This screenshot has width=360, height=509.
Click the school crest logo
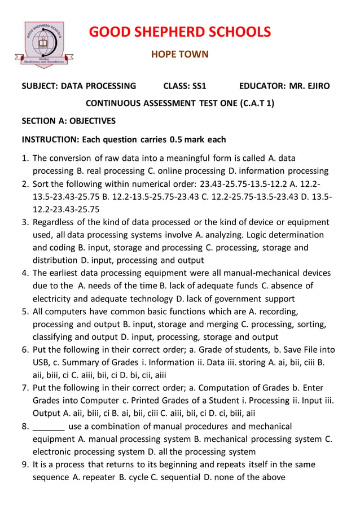point(43,45)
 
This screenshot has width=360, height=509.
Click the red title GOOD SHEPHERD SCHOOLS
point(179,32)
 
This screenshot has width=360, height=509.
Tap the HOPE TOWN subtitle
point(180,55)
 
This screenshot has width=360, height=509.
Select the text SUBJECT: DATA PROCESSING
point(78,86)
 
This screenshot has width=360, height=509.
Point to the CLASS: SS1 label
point(185,86)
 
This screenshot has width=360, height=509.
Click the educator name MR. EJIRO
point(309,86)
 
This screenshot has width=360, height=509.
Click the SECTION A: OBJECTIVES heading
point(68,121)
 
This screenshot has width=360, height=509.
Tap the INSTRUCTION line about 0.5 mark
point(124,139)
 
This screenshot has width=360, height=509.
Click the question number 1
point(25,158)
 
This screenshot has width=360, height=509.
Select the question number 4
point(25,273)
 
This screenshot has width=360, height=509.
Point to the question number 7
point(25,388)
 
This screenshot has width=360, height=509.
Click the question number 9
point(25,465)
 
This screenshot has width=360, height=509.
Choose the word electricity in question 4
point(56,299)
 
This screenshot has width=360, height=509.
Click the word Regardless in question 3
point(53,222)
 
